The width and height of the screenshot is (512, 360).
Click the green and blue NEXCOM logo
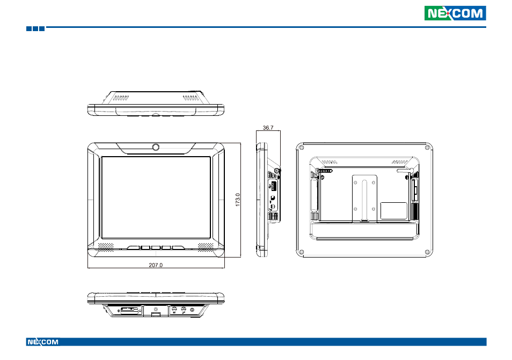[x=455, y=13]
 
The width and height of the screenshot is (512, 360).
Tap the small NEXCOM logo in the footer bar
[x=43, y=342]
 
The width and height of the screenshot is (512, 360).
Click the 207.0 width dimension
[x=156, y=265]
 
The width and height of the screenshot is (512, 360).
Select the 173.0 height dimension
[x=238, y=200]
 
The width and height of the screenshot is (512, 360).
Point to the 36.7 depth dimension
[x=268, y=128]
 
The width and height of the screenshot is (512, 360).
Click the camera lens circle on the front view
[x=156, y=147]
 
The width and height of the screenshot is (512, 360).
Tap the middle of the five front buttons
[x=156, y=248]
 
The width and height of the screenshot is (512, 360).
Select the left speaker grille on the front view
[x=106, y=247]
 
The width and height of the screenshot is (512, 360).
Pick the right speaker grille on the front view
[x=206, y=247]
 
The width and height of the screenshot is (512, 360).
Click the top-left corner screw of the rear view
[x=302, y=148]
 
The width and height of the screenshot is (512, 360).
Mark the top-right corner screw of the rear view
[x=427, y=148]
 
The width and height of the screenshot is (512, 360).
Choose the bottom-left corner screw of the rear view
[x=302, y=252]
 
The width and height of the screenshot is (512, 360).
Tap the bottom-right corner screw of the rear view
[x=427, y=252]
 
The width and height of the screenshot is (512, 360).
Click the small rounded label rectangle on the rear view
[x=394, y=211]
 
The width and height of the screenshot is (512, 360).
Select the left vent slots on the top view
[x=121, y=98]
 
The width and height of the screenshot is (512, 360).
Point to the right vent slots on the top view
[x=191, y=98]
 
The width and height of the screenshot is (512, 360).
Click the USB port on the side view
[x=273, y=186]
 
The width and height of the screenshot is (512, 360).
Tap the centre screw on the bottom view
[x=156, y=308]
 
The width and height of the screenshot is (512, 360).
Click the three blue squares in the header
[x=35, y=29]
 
